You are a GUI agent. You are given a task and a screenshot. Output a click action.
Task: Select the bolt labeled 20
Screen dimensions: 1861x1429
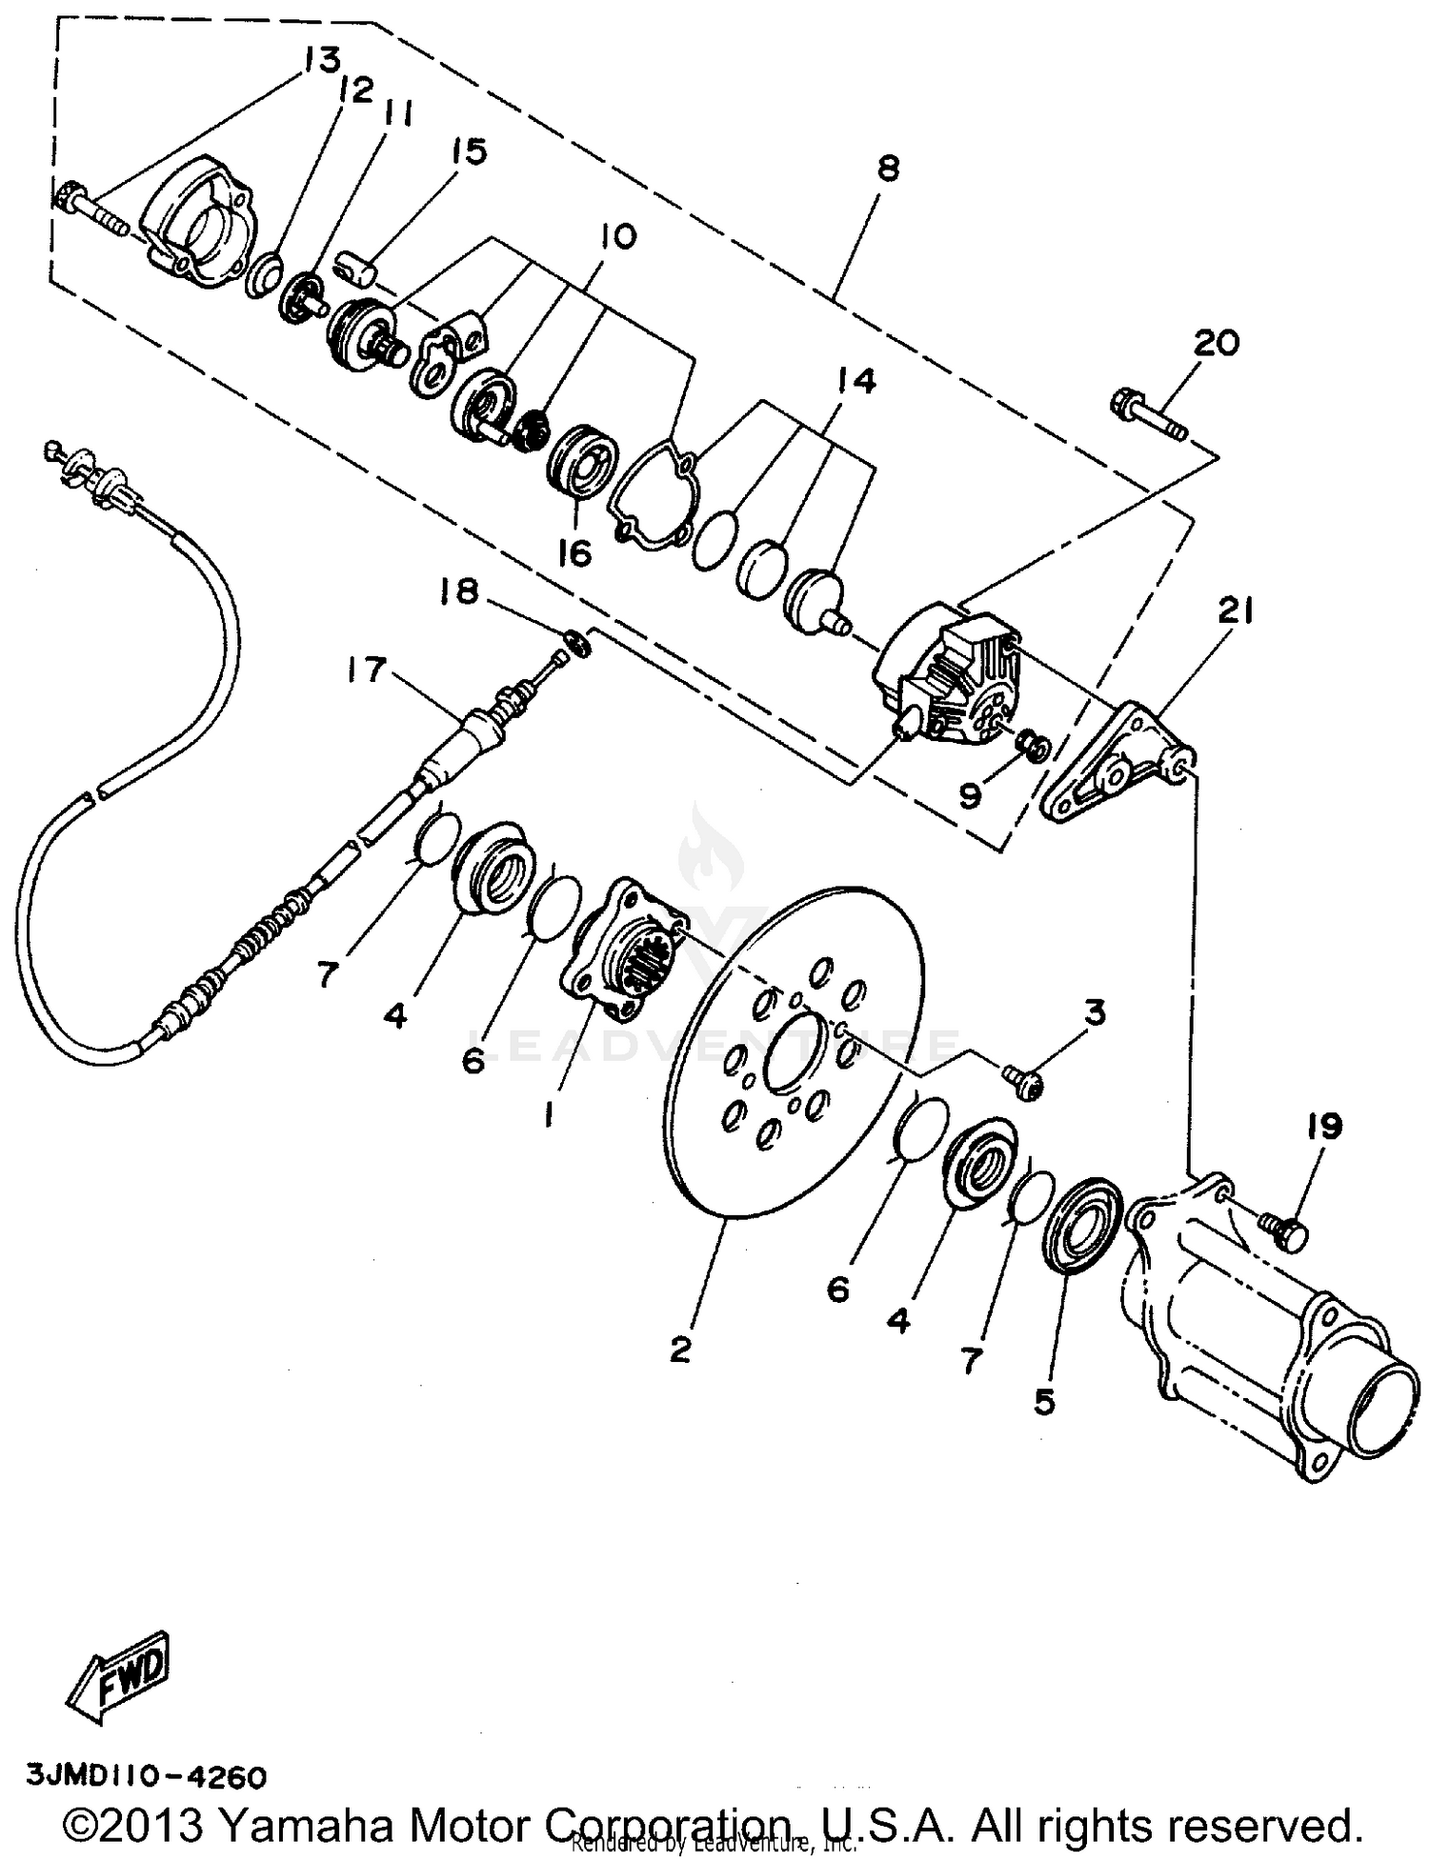coord(1147,412)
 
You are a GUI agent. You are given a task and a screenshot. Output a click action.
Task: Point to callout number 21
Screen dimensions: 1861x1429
coord(1235,610)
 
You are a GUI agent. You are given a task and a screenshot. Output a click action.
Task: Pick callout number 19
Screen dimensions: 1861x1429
coord(1324,1126)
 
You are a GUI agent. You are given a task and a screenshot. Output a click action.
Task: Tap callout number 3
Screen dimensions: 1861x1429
coord(1095,1011)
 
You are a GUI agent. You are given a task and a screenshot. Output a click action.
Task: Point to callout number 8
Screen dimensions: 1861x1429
coord(888,169)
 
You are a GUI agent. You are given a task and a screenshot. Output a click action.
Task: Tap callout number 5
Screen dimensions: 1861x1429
coord(1045,1401)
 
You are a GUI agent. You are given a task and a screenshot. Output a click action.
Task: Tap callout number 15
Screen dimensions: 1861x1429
coord(468,151)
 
